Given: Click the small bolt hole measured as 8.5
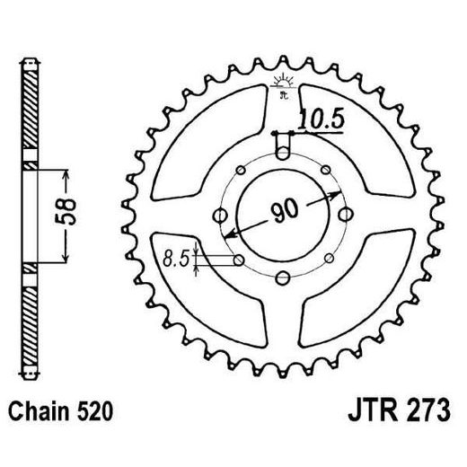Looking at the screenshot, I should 239,260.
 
